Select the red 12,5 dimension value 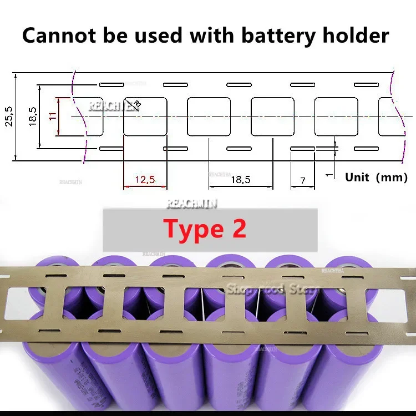(145, 179)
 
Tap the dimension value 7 (302, 180)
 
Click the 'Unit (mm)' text (376, 177)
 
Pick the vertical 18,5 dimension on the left (32, 116)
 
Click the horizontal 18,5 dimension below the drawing (240, 179)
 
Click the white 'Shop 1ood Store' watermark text (272, 288)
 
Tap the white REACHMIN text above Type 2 (192, 204)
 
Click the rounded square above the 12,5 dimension (145, 116)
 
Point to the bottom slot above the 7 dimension (303, 149)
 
